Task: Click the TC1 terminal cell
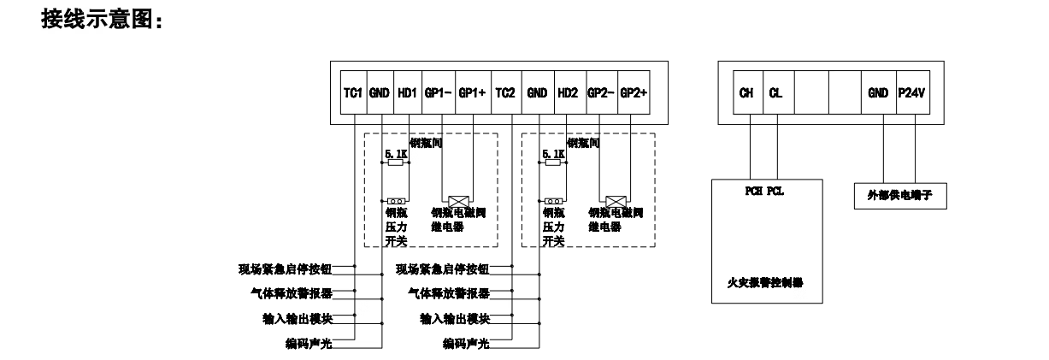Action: click(353, 93)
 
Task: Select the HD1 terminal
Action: click(408, 93)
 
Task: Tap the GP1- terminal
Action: click(439, 93)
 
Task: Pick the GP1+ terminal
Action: click(472, 93)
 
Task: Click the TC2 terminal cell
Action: click(504, 93)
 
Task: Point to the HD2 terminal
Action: click(568, 93)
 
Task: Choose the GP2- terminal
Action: click(600, 93)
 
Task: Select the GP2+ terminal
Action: click(634, 93)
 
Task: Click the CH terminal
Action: click(745, 93)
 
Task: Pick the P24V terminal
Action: click(913, 93)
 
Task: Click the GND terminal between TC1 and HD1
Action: click(380, 93)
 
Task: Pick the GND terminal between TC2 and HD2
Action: click(537, 93)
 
